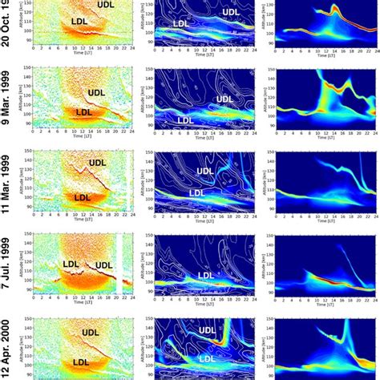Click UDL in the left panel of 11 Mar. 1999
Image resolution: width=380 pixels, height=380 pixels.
(x=97, y=163)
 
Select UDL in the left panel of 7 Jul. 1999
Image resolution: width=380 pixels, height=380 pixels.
(x=103, y=265)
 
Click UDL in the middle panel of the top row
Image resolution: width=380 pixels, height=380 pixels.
(x=230, y=13)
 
